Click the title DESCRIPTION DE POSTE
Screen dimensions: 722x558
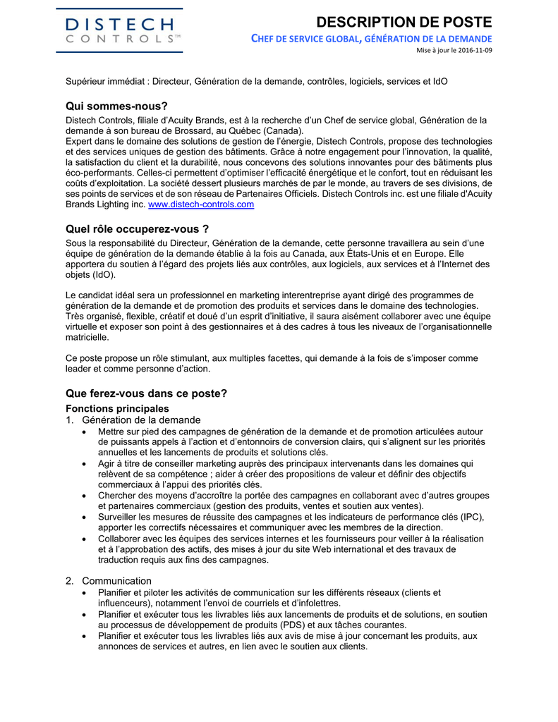tap(405, 22)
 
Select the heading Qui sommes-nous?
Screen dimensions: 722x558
tap(116, 106)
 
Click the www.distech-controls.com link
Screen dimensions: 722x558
tap(201, 204)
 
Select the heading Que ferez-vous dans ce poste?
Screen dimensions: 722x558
tap(146, 393)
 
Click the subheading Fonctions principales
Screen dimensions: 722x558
tap(117, 408)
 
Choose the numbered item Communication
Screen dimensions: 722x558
tap(116, 581)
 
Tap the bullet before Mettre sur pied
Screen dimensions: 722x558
tap(85, 432)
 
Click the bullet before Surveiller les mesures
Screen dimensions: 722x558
tap(85, 517)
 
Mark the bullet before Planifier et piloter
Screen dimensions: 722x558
tap(85, 593)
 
